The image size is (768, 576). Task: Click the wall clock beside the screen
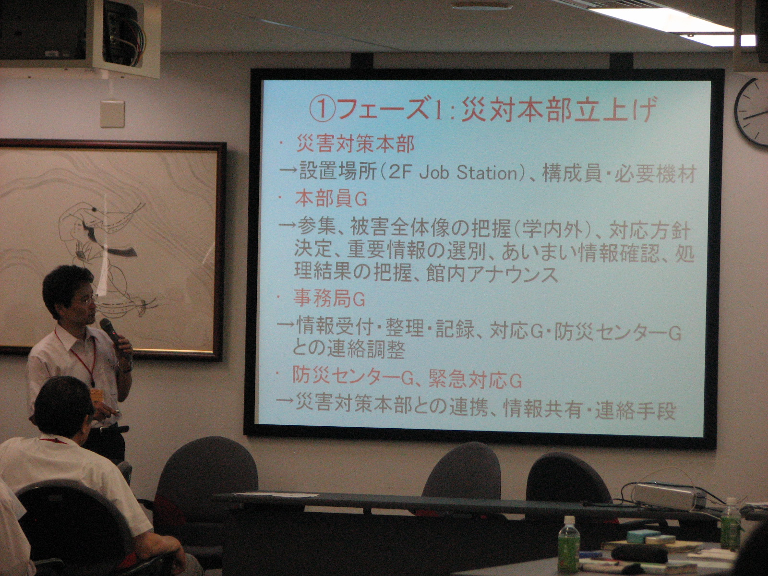(x=752, y=112)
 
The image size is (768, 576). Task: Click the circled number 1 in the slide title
(x=322, y=109)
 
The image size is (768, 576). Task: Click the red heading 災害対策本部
(x=355, y=144)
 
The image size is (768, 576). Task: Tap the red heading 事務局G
(x=329, y=300)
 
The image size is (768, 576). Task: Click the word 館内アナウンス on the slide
(x=492, y=274)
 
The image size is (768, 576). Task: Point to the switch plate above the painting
(x=112, y=114)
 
